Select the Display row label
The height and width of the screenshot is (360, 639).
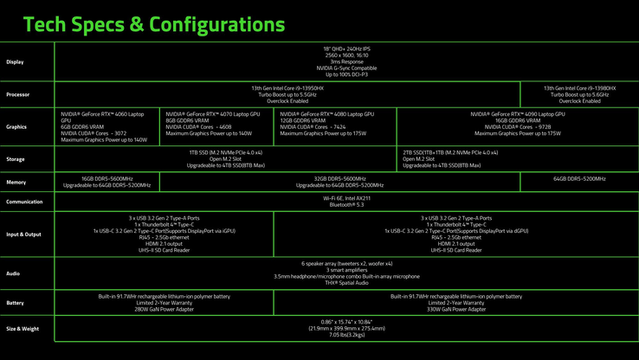(16, 61)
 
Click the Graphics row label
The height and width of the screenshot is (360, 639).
(16, 126)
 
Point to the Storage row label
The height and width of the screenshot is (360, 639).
(16, 158)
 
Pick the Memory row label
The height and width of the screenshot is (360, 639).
(16, 182)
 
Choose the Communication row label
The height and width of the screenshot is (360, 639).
(23, 202)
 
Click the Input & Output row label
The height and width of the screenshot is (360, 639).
(23, 234)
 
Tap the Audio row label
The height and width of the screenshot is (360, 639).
(13, 272)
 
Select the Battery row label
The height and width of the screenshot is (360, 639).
(15, 303)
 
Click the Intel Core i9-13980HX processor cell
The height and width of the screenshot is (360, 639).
(579, 94)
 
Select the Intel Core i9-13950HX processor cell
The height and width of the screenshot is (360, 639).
(287, 94)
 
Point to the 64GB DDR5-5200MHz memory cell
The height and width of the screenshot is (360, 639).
(579, 178)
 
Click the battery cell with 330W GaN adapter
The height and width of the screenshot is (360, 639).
(455, 303)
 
